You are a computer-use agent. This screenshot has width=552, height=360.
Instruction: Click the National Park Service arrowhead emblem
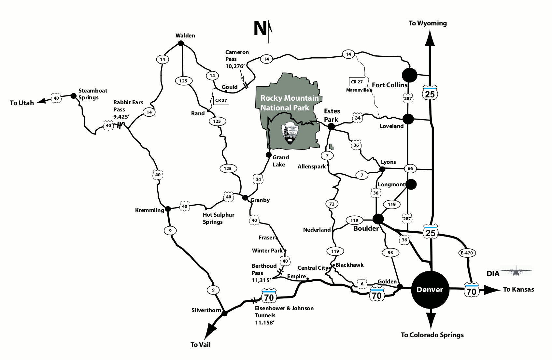290,134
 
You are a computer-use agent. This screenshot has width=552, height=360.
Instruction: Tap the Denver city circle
430,289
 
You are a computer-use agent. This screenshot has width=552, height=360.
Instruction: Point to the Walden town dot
181,43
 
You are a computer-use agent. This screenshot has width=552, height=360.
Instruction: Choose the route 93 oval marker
390,252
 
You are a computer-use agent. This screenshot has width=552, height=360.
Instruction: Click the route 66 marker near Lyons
410,168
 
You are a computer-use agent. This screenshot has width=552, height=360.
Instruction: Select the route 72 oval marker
332,204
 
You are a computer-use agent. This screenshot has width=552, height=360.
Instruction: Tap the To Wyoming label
428,23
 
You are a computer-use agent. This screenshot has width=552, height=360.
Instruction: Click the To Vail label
200,344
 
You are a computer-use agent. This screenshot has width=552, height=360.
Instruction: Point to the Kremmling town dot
168,209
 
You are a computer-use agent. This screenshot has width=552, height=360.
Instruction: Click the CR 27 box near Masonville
357,82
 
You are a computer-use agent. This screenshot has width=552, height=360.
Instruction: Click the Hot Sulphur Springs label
219,218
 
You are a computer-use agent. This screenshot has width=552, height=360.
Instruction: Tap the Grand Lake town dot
269,154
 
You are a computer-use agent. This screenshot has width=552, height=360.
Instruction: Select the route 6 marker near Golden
362,284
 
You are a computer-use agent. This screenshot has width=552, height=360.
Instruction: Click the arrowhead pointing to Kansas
492,290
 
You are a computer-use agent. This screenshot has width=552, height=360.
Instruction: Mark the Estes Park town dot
331,127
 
